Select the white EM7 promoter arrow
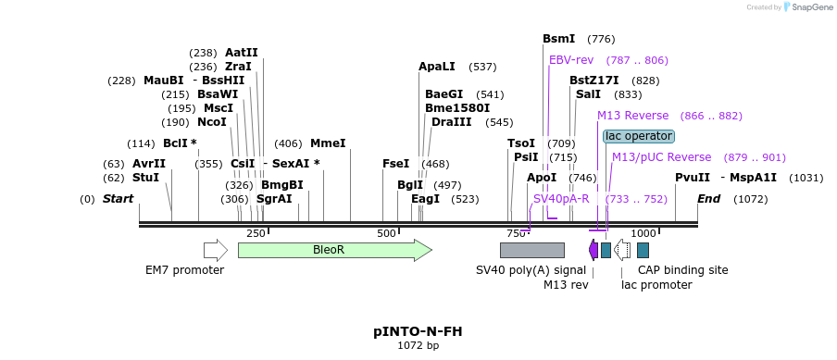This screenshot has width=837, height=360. pyautogui.click(x=215, y=250)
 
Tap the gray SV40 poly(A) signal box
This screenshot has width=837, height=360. pyautogui.click(x=531, y=250)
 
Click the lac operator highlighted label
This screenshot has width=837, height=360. pyautogui.click(x=639, y=136)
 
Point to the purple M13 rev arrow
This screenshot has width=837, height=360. pyautogui.click(x=593, y=250)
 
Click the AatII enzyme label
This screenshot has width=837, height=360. pyautogui.click(x=242, y=53)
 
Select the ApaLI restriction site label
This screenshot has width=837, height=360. pyautogui.click(x=437, y=67)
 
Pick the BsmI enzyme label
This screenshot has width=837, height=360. pyautogui.click(x=558, y=39)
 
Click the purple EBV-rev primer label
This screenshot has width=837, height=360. pyautogui.click(x=571, y=60)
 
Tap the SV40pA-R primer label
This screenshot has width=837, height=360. pyautogui.click(x=561, y=199)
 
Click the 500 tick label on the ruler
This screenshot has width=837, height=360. pyautogui.click(x=386, y=233)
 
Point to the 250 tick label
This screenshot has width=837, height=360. pyautogui.click(x=256, y=233)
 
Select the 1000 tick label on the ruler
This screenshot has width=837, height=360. pyautogui.click(x=643, y=233)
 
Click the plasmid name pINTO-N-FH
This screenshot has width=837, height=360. pyautogui.click(x=418, y=330)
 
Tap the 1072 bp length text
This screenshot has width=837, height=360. pyautogui.click(x=418, y=345)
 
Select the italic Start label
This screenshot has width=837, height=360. pyautogui.click(x=118, y=199)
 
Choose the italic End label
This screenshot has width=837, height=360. pyautogui.click(x=708, y=199)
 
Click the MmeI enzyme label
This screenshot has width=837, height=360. pyautogui.click(x=328, y=143)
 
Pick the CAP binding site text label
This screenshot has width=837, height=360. pyautogui.click(x=682, y=270)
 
